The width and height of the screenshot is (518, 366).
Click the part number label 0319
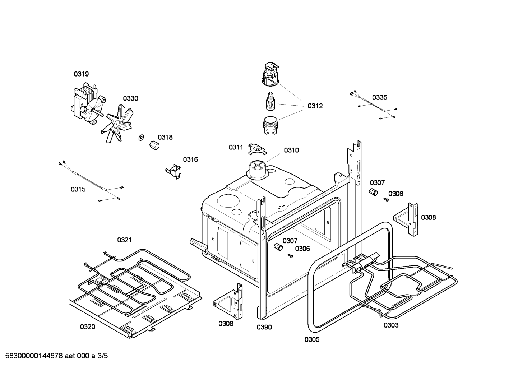pyautogui.click(x=81, y=74)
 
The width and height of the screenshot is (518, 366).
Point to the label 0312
pyautogui.click(x=315, y=106)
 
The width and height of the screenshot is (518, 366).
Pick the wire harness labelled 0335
pyautogui.click(x=374, y=106)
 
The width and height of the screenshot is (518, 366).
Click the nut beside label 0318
pyautogui.click(x=154, y=146)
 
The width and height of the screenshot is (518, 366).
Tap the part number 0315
pyautogui.click(x=78, y=189)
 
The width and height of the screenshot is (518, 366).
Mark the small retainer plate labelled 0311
pyautogui.click(x=256, y=149)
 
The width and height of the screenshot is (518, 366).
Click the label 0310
pyautogui.click(x=291, y=150)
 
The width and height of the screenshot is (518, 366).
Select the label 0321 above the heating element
pyautogui.click(x=124, y=240)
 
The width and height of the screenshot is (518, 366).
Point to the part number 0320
pyautogui.click(x=87, y=326)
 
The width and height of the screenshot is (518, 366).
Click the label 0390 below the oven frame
pyautogui.click(x=264, y=327)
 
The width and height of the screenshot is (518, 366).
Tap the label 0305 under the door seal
pyautogui.click(x=312, y=339)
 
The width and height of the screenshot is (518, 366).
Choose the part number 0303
pyautogui.click(x=391, y=325)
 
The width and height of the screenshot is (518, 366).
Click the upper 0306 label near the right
pyautogui.click(x=396, y=194)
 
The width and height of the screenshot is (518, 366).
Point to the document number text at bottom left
pyautogui.click(x=54, y=356)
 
